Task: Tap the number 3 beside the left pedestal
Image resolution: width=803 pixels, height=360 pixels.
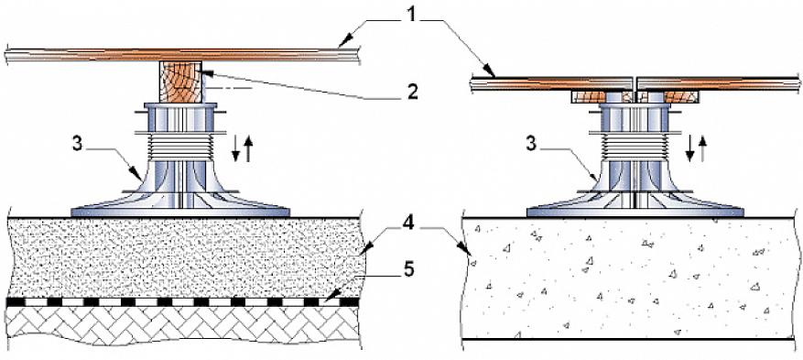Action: tap(77, 145)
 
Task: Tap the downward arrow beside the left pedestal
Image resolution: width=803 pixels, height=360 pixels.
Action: tap(236, 148)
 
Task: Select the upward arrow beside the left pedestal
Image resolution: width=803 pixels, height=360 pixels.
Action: tap(249, 149)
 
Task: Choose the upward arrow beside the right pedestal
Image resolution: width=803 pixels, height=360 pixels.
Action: tap(703, 149)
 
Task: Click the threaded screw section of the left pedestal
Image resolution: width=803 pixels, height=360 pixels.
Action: tap(179, 146)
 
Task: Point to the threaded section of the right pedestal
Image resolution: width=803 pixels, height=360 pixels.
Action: tap(635, 146)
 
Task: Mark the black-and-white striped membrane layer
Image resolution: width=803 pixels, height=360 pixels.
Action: tap(183, 302)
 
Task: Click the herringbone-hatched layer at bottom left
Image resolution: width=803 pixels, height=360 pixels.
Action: tap(183, 327)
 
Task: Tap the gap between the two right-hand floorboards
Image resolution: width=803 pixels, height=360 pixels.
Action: tap(635, 84)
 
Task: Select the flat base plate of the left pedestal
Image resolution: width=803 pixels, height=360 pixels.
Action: tap(180, 212)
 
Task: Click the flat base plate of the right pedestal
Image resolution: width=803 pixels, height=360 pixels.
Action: tap(635, 212)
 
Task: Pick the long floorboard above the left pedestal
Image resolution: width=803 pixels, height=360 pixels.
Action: tap(183, 54)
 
